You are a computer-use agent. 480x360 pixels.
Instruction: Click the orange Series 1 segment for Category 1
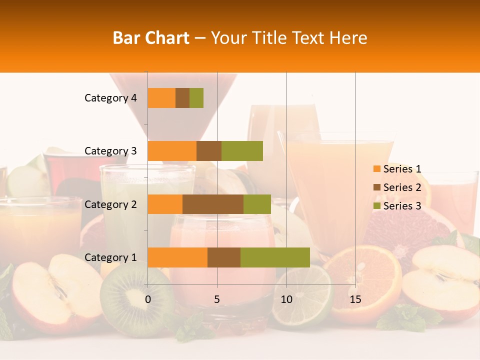point(177,257)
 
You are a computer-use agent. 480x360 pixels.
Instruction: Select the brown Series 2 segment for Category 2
point(213,204)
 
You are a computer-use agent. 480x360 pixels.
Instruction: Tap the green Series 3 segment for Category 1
point(275,257)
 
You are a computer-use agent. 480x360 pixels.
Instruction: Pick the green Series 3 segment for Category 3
point(242,151)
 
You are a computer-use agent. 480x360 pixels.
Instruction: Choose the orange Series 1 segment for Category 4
point(161,98)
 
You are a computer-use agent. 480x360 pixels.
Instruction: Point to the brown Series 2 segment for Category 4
point(182,98)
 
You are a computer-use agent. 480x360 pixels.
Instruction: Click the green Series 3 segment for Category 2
point(257,204)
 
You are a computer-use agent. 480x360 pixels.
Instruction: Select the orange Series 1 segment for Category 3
point(172,151)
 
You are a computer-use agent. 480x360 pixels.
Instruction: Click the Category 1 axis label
point(110,257)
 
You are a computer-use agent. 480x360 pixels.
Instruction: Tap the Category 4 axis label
point(110,98)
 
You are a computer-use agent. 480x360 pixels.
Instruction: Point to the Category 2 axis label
point(110,204)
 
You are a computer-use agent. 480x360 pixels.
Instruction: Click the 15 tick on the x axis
point(355,299)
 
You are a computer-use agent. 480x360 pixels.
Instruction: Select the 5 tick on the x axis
point(217,299)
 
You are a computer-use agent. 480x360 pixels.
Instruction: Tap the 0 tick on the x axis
point(148,299)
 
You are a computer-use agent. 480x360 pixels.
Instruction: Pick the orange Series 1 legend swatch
point(376,169)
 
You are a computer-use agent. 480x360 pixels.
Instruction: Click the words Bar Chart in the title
point(151,38)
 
